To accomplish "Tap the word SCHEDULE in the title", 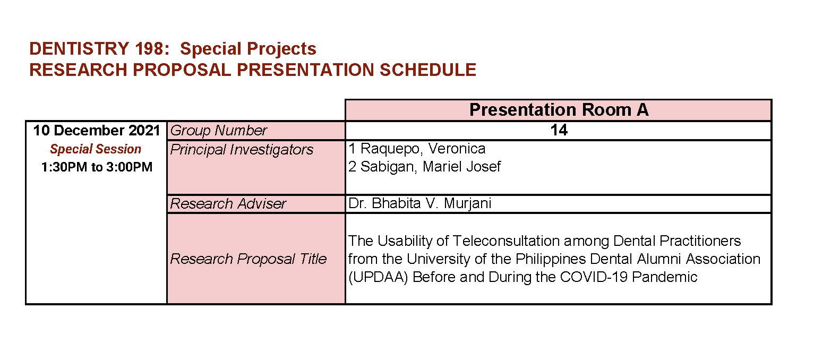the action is point(428,70).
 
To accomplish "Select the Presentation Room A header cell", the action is point(559,110).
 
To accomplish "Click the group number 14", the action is point(559,130).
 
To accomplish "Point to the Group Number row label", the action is point(218,131).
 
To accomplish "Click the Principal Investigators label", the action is point(241,150).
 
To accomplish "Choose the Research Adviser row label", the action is point(228,204).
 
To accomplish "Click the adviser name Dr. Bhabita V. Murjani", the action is point(419,203).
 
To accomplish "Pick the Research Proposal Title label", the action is point(248,259).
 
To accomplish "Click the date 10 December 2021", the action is point(96,131).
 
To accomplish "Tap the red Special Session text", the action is point(96,149).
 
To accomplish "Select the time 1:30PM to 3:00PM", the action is point(97,167).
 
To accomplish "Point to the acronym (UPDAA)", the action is point(378,277).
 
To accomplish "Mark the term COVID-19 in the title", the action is point(594,277).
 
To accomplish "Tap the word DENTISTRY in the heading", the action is point(79,49).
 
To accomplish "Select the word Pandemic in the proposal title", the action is point(665,277).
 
